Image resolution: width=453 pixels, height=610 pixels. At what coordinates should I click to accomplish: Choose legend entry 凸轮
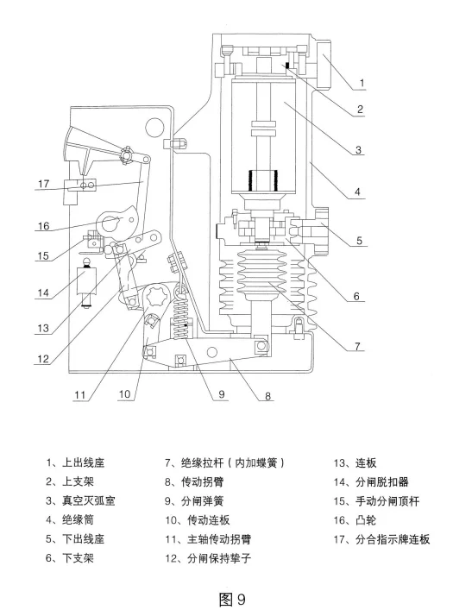click(367, 518)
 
